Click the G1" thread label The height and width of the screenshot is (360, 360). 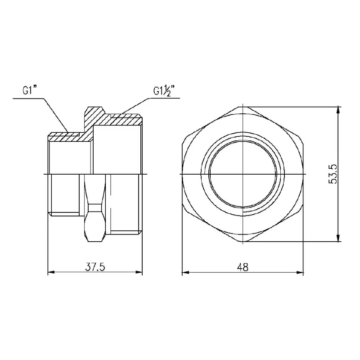30,90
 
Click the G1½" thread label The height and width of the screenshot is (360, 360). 164,91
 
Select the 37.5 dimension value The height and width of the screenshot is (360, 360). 95,267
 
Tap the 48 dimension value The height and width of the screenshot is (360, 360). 243,267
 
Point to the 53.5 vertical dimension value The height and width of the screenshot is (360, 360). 333,174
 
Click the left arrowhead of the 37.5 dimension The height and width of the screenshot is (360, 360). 51,272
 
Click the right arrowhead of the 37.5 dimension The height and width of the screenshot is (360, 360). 139,272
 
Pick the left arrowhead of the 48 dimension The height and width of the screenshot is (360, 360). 185,273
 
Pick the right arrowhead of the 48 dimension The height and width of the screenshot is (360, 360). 300,273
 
